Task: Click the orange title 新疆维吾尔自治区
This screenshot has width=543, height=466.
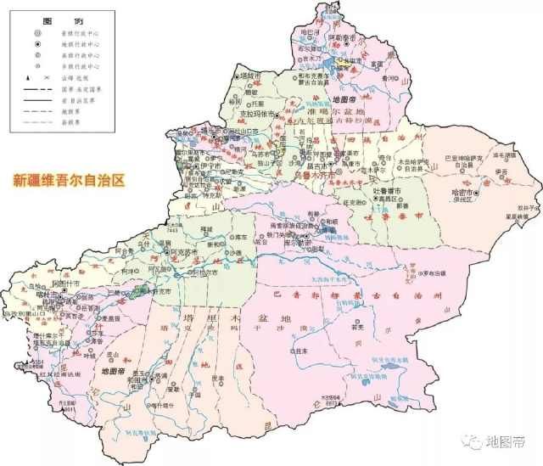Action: [x=67, y=180]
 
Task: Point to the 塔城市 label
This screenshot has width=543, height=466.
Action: [x=249, y=75]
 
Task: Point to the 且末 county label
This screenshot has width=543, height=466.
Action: [x=299, y=348]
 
